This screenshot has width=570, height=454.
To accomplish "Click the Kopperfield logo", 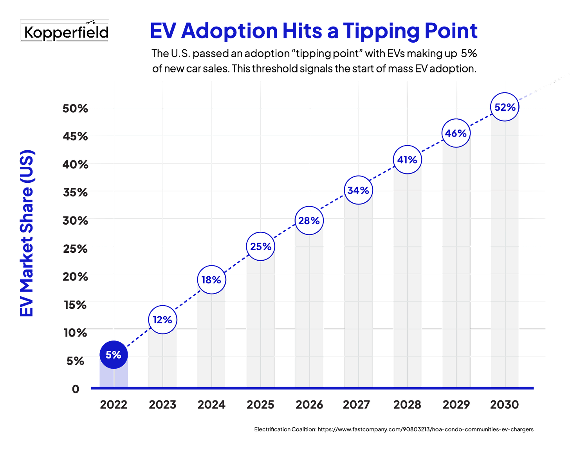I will (65, 32).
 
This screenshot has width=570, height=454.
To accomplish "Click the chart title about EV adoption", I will (314, 31).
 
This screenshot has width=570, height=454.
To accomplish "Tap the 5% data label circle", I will (113, 355).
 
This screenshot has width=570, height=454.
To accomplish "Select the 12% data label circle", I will (162, 320).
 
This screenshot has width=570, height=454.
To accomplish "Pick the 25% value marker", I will (261, 247).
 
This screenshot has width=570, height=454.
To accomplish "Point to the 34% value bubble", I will (358, 190).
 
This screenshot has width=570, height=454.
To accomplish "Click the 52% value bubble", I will (505, 107).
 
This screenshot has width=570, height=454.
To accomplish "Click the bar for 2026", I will (309, 313).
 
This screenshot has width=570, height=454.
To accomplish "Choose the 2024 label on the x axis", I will (211, 405).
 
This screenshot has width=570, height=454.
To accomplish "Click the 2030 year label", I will (504, 405).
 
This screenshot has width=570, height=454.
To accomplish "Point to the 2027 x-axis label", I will (357, 405).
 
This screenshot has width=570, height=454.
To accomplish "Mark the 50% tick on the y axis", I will (76, 108).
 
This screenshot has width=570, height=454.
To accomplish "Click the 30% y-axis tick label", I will (76, 220).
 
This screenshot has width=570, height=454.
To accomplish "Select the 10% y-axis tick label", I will (76, 333).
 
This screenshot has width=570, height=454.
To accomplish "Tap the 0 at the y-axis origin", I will (76, 389).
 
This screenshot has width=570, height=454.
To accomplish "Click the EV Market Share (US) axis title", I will (27, 233).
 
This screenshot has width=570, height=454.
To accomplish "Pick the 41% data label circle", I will (407, 160).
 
